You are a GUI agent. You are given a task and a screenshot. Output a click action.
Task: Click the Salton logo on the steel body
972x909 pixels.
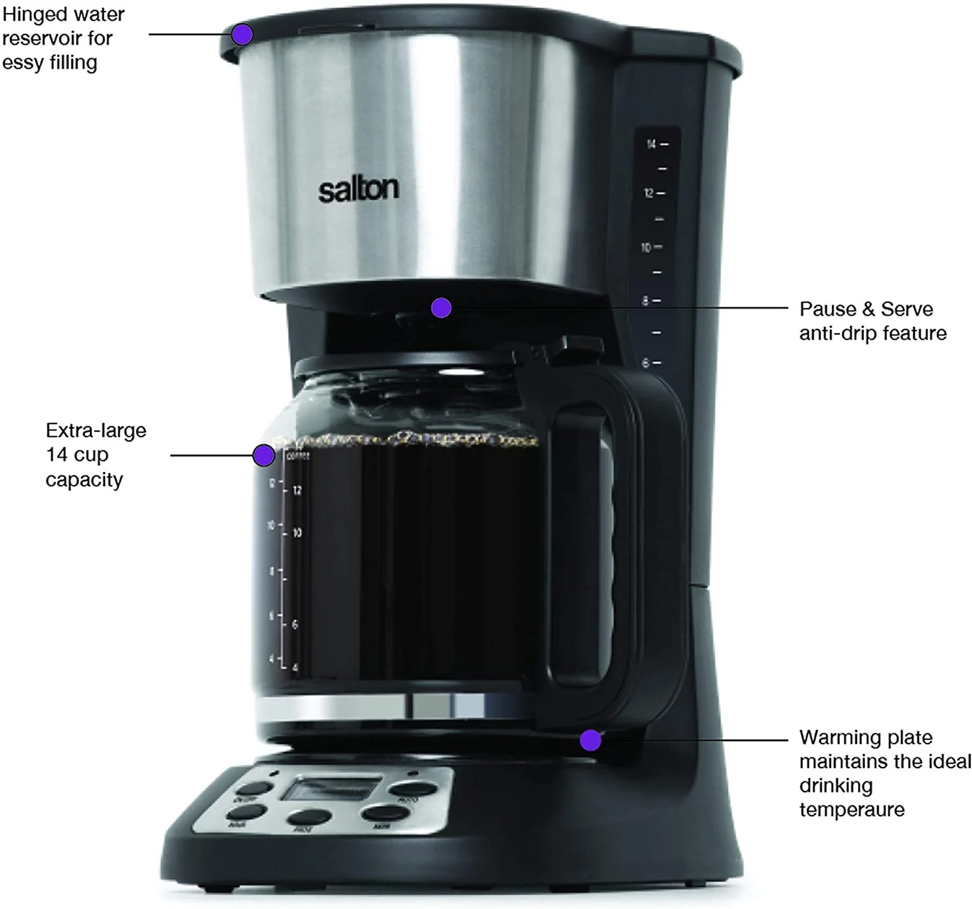click(358, 189)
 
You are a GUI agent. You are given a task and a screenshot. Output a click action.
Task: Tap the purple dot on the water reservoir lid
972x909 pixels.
click(242, 34)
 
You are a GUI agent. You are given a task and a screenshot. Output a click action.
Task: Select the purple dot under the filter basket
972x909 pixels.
click(441, 307)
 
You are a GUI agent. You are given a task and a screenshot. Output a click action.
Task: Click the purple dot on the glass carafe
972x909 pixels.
click(263, 455)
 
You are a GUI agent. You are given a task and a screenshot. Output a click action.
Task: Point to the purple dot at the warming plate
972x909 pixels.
click(590, 740)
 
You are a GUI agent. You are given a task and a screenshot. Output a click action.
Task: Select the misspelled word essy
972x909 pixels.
click(23, 63)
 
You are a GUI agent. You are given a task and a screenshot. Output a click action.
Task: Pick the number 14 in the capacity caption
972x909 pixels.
click(57, 454)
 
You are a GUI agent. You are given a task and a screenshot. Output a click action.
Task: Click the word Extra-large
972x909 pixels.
click(96, 430)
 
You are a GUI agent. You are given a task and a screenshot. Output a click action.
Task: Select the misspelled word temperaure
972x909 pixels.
click(851, 809)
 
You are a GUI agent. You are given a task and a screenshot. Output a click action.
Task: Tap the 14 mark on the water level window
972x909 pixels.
click(651, 144)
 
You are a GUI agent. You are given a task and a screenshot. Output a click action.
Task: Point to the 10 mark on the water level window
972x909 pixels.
click(646, 247)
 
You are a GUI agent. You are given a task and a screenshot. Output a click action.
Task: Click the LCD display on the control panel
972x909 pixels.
click(330, 788)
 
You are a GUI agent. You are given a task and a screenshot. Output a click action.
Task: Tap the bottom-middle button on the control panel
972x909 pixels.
click(309, 818)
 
